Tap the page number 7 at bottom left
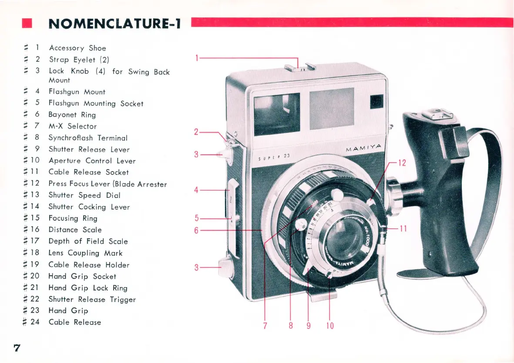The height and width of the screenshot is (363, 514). coord(17,348)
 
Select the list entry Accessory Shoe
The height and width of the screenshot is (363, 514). coord(77,48)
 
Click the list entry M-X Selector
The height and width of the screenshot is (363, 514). coord(73,126)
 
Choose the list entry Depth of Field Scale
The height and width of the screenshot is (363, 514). coord(88,241)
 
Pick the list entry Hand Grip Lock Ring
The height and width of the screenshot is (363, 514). coord(88,288)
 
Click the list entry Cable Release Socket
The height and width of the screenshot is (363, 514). coord(88,172)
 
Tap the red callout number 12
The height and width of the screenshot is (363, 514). coord(402,163)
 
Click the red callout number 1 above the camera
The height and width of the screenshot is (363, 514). coord(197,58)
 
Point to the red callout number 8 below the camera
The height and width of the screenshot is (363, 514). coord(291,326)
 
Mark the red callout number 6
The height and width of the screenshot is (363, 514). coord(196,230)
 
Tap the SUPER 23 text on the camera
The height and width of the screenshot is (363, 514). coord(274,157)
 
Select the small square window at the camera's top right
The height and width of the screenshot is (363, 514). coord(376,102)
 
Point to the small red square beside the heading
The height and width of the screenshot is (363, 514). coord(27,23)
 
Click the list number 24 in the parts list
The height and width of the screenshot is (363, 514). coord(35,322)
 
